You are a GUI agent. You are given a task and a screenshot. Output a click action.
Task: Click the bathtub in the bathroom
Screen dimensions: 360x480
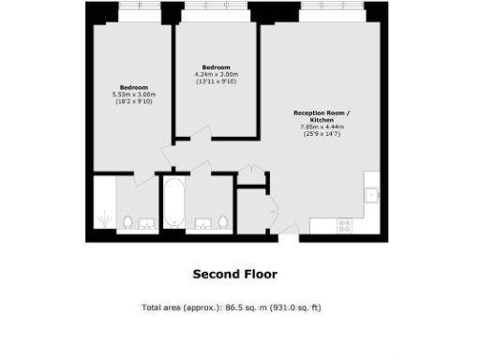pos(173,204)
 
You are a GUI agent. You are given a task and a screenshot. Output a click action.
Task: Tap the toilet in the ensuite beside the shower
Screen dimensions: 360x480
pos(128,223)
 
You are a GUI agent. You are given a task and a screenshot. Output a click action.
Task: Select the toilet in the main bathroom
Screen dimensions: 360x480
pos(221,222)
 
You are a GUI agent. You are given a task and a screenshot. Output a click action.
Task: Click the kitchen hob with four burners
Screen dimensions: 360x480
pos(344,224)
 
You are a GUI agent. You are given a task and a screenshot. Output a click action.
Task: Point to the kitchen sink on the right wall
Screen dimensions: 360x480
pos(371,195)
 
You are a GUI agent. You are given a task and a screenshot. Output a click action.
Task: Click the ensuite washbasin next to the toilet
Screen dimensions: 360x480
pos(147,223)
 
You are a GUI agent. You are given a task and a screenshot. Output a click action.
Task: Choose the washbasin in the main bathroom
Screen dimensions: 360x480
pos(202,223)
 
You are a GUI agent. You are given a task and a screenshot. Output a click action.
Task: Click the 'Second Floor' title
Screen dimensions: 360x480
pos(234,275)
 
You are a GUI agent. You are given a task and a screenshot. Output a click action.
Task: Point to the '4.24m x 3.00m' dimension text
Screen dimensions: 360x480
pos(217,74)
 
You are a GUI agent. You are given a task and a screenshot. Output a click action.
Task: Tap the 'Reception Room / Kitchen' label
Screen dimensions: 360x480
pos(321,116)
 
